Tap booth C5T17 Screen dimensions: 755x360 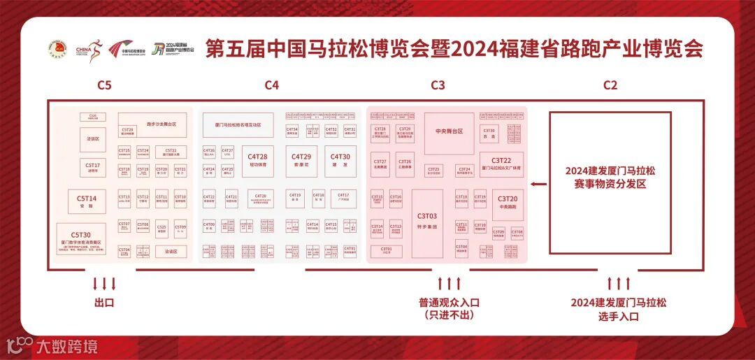[x=93, y=168]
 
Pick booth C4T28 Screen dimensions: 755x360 [x=259, y=161]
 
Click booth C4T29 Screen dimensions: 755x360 [x=301, y=161]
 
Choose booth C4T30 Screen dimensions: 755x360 [x=340, y=161]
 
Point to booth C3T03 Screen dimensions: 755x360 [x=426, y=220]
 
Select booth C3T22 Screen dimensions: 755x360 [x=501, y=164]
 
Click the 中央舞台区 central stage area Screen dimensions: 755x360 [x=449, y=132]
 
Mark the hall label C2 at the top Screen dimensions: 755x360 [x=610, y=85]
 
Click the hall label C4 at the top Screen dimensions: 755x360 [x=272, y=85]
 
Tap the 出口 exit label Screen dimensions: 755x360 [x=104, y=303]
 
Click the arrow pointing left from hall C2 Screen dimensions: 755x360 [x=538, y=184]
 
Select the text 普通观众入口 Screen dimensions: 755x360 [x=449, y=303]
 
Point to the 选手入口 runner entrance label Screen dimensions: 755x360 [x=619, y=316]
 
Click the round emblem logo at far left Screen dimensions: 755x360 [x=57, y=49]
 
